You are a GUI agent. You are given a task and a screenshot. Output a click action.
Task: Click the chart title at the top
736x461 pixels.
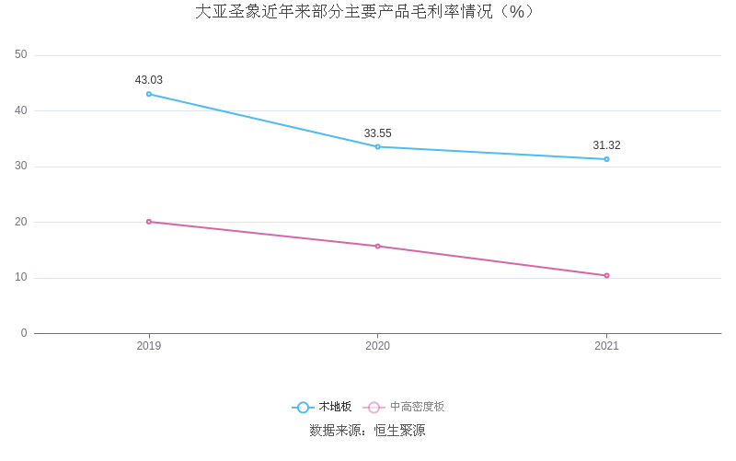(x=366, y=12)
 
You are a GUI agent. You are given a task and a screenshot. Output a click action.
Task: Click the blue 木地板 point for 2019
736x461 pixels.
(x=149, y=94)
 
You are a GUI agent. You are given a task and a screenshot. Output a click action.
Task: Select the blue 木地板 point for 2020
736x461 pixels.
(x=377, y=146)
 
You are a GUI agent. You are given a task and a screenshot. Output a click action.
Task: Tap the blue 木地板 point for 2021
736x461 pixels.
(x=606, y=159)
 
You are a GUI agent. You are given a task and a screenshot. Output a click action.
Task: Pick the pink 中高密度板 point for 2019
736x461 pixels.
(x=149, y=222)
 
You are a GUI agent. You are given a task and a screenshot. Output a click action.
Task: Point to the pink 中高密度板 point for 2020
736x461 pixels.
(x=377, y=246)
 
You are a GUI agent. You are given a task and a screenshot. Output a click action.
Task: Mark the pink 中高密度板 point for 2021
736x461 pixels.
(x=606, y=275)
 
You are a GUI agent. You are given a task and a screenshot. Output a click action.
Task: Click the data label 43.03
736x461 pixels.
(x=149, y=80)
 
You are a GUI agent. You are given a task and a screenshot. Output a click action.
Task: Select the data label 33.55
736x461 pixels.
(x=377, y=133)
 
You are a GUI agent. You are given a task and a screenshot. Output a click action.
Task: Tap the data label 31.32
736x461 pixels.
(x=606, y=145)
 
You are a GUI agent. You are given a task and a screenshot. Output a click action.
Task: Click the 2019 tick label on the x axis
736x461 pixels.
(x=149, y=346)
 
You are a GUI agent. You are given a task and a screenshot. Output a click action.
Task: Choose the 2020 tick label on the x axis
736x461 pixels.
(x=377, y=346)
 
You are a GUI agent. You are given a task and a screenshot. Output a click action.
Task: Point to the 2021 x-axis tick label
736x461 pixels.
(x=606, y=346)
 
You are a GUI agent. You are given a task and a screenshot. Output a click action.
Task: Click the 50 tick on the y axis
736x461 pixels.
(x=21, y=55)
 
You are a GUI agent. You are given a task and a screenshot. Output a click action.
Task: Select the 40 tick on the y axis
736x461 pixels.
(x=21, y=110)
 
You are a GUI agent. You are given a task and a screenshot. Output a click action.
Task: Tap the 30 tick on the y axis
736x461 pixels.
(x=21, y=167)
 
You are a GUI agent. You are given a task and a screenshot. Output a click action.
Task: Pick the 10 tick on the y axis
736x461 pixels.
(x=21, y=278)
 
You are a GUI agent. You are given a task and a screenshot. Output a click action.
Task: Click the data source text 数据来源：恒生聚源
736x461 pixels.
(x=367, y=430)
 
